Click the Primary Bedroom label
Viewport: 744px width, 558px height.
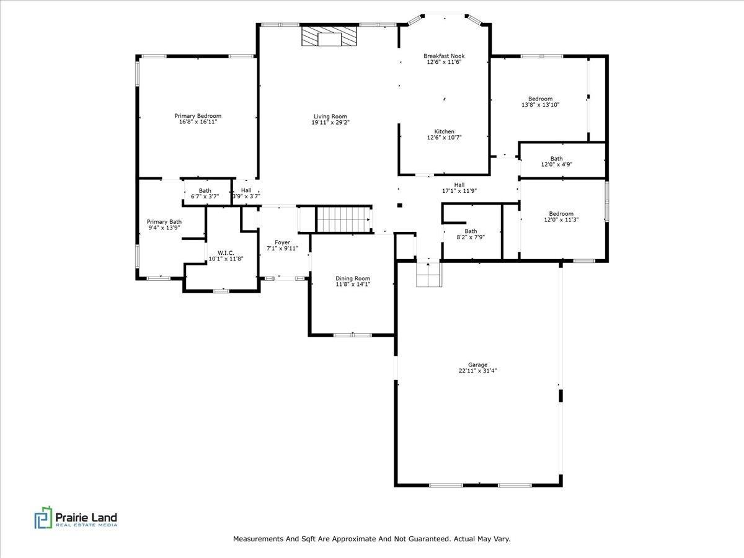197,116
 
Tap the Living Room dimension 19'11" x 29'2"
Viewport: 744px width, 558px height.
330,123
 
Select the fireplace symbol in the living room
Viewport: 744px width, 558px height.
330,37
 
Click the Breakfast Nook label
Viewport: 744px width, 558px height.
444,56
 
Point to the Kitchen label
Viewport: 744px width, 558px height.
444,131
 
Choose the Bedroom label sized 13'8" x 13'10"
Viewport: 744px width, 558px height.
540,99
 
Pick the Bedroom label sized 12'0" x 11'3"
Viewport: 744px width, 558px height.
560,214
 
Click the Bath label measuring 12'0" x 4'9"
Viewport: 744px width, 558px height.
556,159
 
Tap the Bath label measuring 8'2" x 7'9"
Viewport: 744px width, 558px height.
471,231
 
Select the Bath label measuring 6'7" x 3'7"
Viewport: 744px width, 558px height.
205,190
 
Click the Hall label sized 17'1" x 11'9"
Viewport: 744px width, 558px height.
459,185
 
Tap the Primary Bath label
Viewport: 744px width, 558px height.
164,221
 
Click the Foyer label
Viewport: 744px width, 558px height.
282,242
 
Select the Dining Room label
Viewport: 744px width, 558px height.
353,278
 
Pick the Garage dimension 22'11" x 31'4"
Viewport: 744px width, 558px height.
477,371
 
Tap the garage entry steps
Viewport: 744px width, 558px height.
427,274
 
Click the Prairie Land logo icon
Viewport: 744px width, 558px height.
43,518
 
